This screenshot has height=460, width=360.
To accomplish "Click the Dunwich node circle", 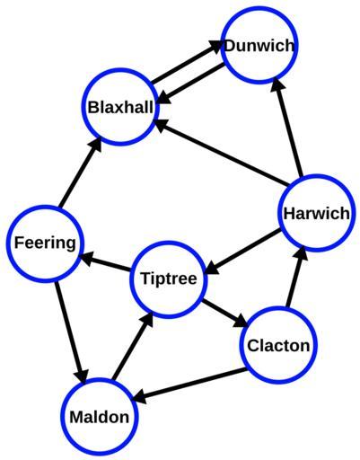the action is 259,45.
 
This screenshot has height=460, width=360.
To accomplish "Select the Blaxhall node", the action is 120,107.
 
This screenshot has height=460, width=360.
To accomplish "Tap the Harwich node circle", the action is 316,213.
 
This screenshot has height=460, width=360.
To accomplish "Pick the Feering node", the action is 45,243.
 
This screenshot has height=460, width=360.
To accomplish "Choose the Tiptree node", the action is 169,279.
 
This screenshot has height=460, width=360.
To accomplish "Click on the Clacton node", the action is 278,345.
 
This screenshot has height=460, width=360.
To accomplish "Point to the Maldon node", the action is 100,416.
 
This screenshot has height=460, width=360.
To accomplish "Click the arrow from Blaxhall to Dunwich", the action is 188,61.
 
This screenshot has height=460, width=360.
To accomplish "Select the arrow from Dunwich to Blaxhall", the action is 190,84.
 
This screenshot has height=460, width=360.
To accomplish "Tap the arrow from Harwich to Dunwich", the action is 287,128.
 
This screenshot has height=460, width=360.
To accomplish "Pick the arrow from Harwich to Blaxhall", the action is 220,152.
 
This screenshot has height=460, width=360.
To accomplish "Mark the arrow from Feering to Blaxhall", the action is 80,172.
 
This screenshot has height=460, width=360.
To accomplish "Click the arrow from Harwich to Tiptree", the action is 243,251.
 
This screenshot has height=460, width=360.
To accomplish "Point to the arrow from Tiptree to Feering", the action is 105,262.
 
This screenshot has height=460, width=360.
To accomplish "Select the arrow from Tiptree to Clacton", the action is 225,313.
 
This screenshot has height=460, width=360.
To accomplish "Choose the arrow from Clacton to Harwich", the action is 295,278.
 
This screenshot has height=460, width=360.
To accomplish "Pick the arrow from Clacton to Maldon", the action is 190,385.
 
